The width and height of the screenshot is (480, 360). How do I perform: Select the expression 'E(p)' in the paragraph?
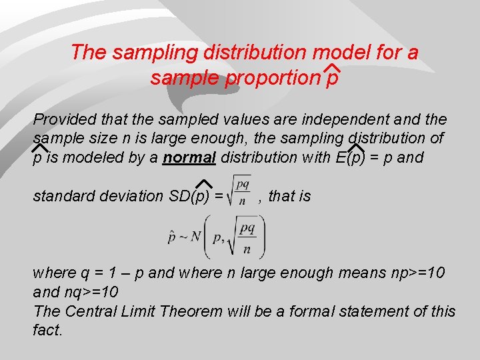(x=351, y=158)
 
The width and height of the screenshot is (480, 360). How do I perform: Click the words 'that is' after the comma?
(x=289, y=196)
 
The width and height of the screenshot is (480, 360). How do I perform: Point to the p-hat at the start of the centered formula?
(x=171, y=237)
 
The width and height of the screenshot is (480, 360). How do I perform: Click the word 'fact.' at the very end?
(x=47, y=330)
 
